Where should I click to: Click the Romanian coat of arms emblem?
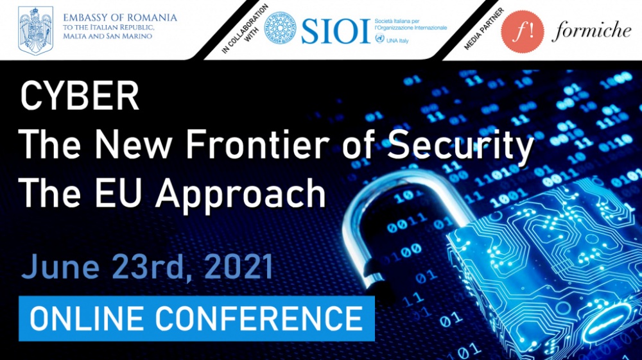(x=35, y=30)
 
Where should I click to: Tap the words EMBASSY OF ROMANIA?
(x=120, y=18)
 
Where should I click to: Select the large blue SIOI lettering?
(x=336, y=31)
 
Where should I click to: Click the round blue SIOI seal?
(x=280, y=28)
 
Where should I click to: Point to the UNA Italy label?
(x=397, y=40)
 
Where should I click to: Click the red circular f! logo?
(x=523, y=31)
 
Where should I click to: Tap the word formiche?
(x=591, y=31)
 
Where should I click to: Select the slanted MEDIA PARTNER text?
(x=483, y=29)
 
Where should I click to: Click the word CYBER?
(x=80, y=96)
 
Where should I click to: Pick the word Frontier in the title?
(x=257, y=144)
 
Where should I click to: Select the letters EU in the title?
(x=118, y=193)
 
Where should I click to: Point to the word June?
(x=60, y=267)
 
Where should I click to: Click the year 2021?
(x=239, y=267)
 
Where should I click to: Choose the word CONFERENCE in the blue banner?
(x=259, y=318)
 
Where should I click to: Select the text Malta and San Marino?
(x=107, y=36)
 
